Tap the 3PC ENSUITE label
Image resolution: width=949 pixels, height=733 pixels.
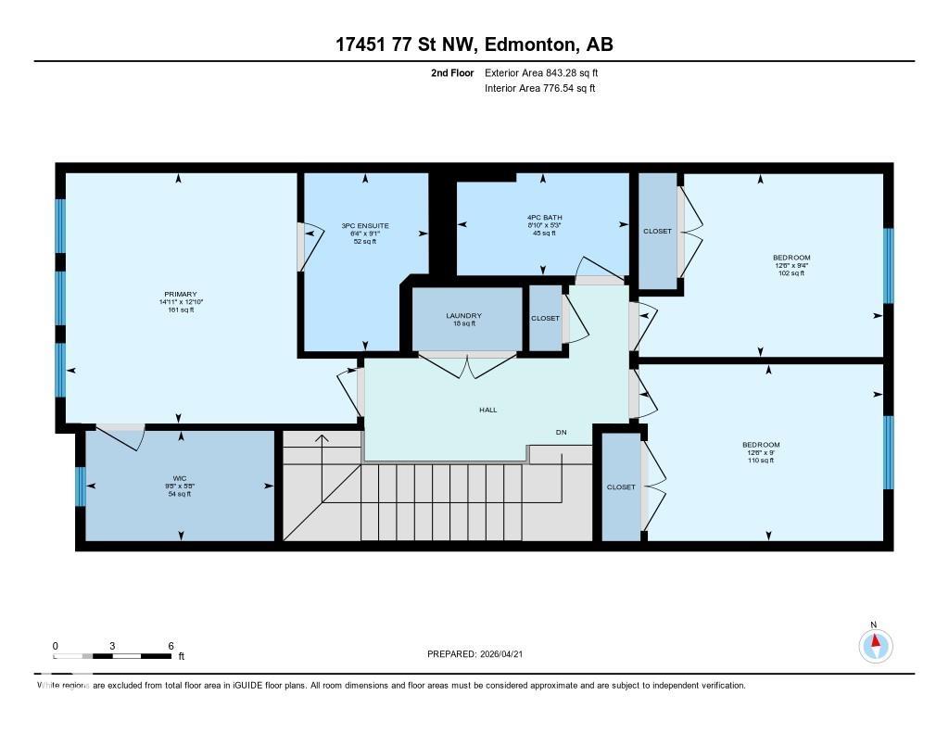(365, 225)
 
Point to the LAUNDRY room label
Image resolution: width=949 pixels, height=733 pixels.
(463, 316)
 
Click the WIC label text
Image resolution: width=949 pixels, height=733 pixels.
(180, 479)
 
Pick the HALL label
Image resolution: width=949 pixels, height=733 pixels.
(487, 410)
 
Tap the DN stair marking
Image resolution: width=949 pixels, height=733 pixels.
(561, 433)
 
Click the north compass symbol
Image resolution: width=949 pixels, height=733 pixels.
(875, 644)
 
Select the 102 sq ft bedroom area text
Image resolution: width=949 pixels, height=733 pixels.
(791, 273)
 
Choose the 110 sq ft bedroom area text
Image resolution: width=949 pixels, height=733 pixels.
(761, 461)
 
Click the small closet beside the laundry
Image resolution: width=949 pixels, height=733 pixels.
(545, 318)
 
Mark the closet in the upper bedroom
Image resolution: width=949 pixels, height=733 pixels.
(657, 231)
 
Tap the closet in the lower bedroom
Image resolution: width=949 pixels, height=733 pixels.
(621, 487)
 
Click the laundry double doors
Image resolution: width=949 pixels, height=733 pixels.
(467, 363)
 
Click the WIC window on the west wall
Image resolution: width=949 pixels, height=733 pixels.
(81, 487)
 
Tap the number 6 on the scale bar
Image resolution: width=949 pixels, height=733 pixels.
(171, 645)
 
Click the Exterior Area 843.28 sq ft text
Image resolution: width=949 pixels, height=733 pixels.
(548, 72)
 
